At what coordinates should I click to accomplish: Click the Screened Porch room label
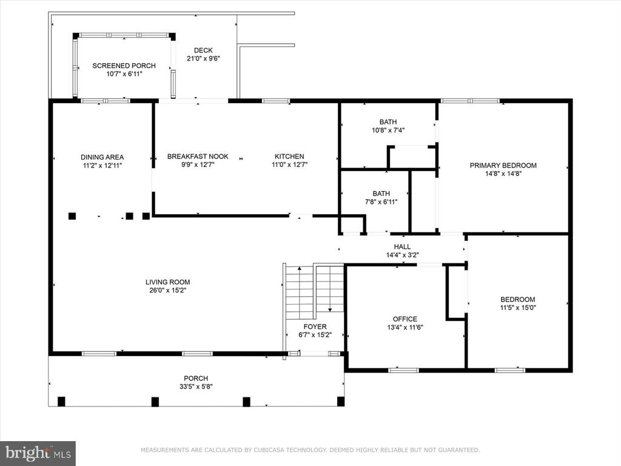(124, 66)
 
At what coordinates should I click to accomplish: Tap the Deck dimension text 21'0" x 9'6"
(203, 59)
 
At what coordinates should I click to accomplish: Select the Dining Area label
(102, 157)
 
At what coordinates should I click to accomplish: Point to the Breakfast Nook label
(198, 157)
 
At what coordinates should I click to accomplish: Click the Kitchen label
(289, 157)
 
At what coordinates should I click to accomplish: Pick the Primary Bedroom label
(503, 165)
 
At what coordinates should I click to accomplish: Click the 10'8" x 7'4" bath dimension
(388, 130)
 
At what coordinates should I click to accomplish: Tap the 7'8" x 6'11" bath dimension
(381, 201)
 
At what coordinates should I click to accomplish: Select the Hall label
(402, 247)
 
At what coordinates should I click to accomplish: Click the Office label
(404, 319)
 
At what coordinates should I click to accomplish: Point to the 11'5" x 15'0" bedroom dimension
(518, 308)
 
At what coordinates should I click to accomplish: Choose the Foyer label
(315, 326)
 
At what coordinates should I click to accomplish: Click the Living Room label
(167, 282)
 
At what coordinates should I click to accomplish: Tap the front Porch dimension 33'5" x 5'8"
(196, 387)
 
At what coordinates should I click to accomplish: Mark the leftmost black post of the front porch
(61, 402)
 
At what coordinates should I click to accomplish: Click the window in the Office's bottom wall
(403, 371)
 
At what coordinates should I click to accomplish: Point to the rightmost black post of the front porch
(341, 402)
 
